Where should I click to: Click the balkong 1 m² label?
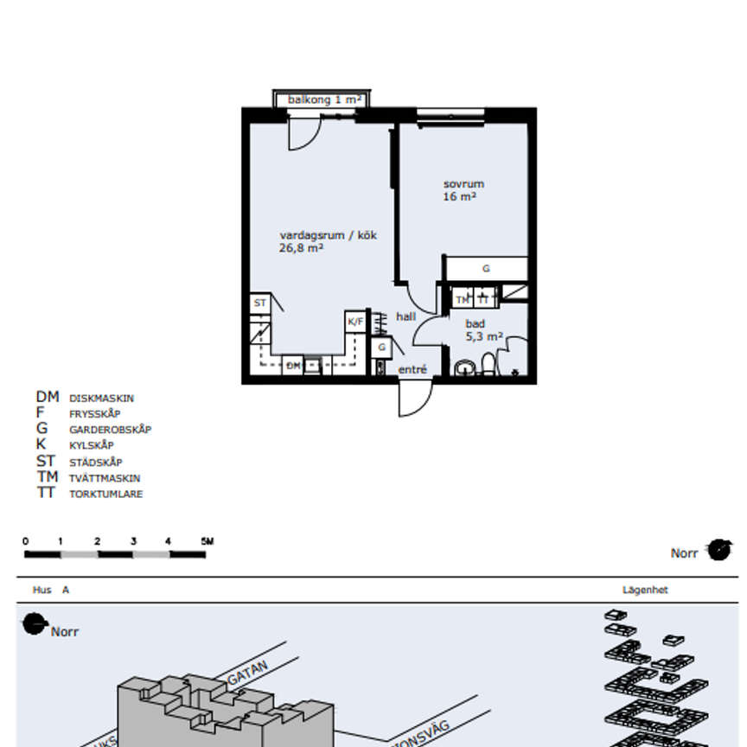(324, 100)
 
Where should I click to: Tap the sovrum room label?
(463, 190)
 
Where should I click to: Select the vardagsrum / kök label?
(328, 241)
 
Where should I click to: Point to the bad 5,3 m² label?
(483, 330)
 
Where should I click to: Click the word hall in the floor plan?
(405, 316)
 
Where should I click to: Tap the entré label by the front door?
(412, 370)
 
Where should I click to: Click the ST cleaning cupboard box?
(259, 303)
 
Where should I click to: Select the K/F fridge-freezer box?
(355, 322)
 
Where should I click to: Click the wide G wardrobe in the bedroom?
(486, 269)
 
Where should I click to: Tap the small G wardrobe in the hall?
(381, 348)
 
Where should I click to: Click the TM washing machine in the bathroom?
(463, 299)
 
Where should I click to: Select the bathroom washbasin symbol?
(465, 369)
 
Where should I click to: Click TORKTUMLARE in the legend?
(105, 495)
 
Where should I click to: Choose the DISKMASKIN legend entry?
(101, 399)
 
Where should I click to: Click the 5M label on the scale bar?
(207, 542)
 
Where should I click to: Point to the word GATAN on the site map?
(248, 674)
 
